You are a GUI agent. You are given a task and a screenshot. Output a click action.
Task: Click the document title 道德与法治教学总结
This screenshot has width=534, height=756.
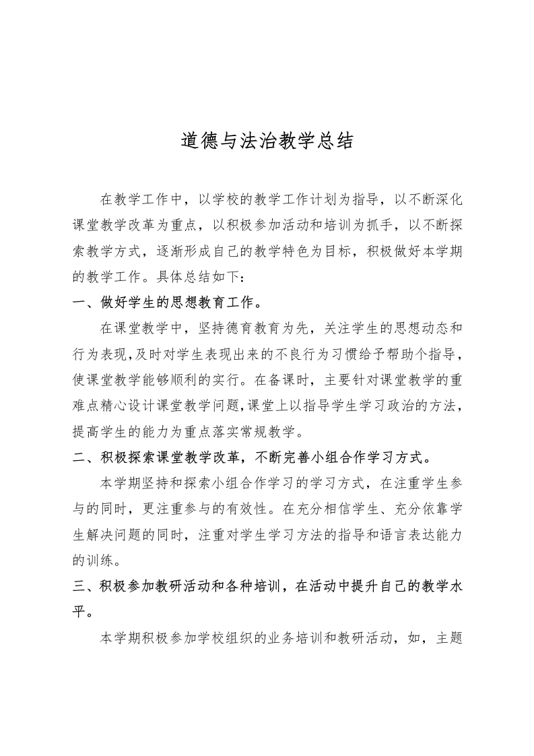267,141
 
